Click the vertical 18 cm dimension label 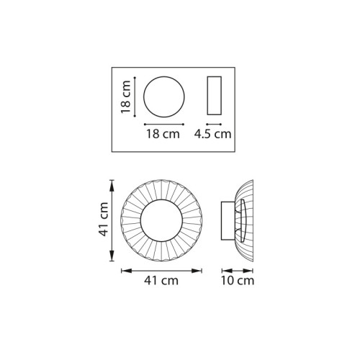click(126, 97)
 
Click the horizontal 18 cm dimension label click(163, 134)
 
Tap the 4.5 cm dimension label click(212, 134)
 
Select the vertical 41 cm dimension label click(104, 219)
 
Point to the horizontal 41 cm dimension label click(161, 280)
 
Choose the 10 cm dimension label click(238, 280)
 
